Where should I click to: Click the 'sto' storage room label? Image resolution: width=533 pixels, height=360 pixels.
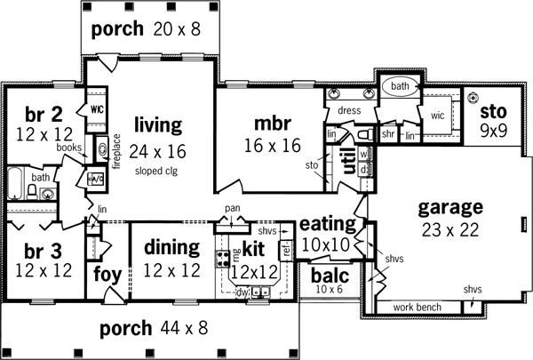coord(492,112)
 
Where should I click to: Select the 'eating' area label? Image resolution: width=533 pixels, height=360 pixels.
coord(326,222)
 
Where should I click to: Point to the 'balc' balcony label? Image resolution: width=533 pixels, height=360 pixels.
coord(330,274)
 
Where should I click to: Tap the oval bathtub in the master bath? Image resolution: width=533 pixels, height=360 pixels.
coord(399,87)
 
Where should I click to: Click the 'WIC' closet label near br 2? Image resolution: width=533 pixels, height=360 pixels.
coord(98,111)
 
